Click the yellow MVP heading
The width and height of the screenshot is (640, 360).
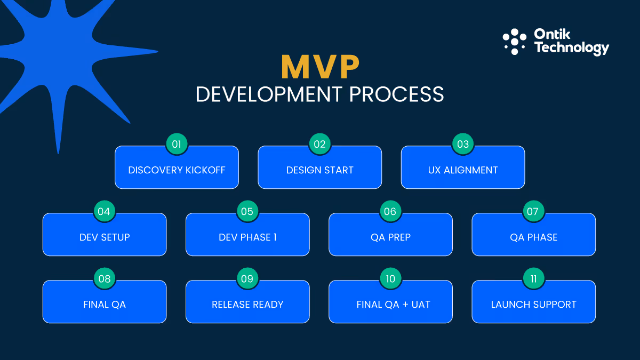[x=320, y=67]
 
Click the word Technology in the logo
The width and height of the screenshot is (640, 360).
[x=571, y=48]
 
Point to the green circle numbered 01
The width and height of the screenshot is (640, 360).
[x=177, y=144]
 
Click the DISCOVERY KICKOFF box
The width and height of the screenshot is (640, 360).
[x=177, y=170]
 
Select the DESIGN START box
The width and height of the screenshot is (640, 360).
[x=319, y=170]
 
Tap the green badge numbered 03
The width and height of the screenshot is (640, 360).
[x=462, y=144]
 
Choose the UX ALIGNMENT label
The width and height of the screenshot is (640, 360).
[x=462, y=170]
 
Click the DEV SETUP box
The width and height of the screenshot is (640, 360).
[x=105, y=237]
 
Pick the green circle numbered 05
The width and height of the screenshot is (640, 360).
[x=247, y=211]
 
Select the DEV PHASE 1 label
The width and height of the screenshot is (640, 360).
[x=247, y=237]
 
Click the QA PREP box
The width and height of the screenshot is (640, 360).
[x=390, y=237]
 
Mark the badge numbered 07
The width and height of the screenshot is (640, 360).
[x=533, y=211]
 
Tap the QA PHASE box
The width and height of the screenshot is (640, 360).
[x=533, y=237]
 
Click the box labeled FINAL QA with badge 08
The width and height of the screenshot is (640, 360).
[x=105, y=305]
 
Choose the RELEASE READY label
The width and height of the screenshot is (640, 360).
[x=247, y=305]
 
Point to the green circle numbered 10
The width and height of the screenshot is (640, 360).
[x=390, y=278]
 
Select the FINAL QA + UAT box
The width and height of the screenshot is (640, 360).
[x=393, y=305]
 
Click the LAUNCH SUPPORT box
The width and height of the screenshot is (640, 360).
[x=533, y=305]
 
